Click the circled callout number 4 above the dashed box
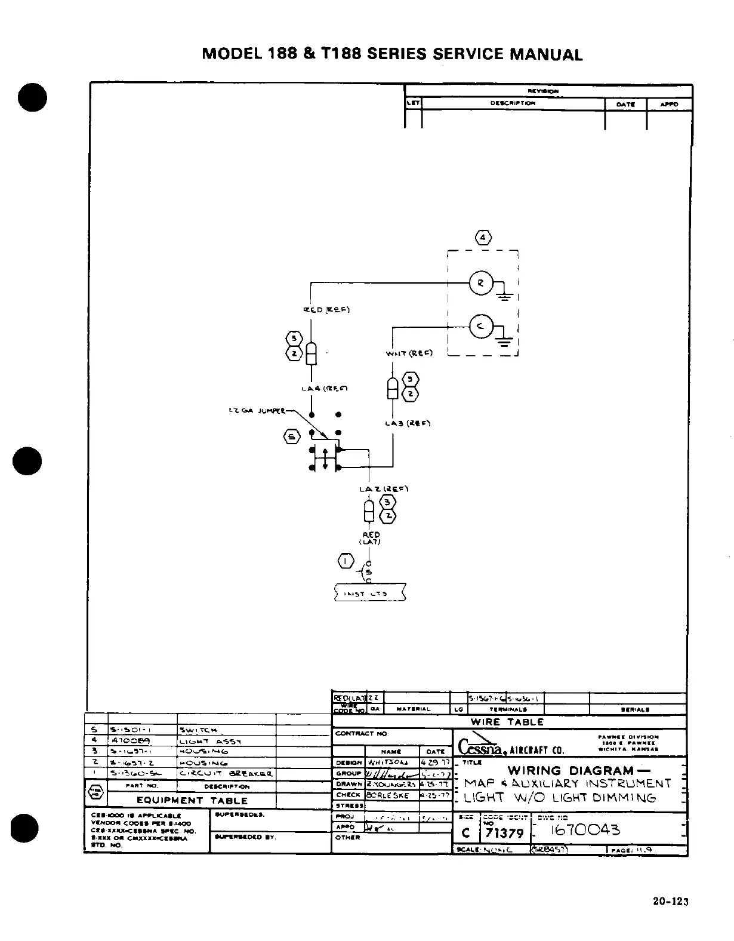coord(483,238)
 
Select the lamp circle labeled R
coord(480,283)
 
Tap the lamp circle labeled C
coord(480,325)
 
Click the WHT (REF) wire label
coord(409,353)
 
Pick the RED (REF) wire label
coord(326,309)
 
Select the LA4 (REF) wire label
coord(325,389)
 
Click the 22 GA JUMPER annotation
coord(258,411)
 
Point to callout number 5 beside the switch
coord(292,437)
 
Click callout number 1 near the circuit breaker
coord(346,561)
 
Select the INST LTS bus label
coord(370,593)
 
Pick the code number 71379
coord(504,832)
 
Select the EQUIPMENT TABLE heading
coord(192,800)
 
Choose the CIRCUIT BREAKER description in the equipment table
coord(226,774)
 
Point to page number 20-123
coord(671,902)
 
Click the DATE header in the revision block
coord(625,104)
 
